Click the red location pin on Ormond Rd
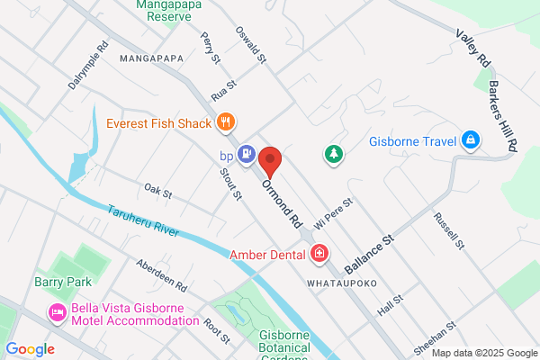pyautogui.click(x=270, y=163)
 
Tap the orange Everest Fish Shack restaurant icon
pyautogui.click(x=225, y=123)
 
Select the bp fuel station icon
pyautogui.click(x=247, y=155)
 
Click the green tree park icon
pyautogui.click(x=335, y=155)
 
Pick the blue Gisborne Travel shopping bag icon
pyautogui.click(x=469, y=141)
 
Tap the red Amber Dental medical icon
pyautogui.click(x=319, y=256)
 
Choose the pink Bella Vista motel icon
pyautogui.click(x=57, y=313)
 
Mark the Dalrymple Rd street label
pyautogui.click(x=87, y=65)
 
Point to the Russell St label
pyautogui.click(x=447, y=230)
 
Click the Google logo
pyautogui.click(x=30, y=349)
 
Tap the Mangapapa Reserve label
pyautogui.click(x=162, y=10)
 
